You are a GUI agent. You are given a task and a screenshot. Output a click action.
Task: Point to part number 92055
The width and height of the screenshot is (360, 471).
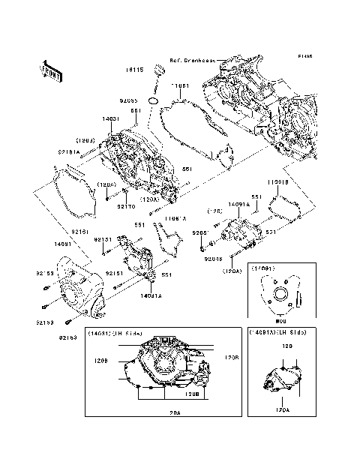tap(130, 98)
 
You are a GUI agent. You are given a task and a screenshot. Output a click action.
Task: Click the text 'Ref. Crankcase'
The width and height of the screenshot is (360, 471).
tap(191, 60)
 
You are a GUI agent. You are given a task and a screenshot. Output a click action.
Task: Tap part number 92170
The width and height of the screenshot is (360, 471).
tap(127, 205)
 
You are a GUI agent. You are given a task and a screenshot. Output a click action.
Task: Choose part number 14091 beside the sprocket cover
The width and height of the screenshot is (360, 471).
tap(61, 243)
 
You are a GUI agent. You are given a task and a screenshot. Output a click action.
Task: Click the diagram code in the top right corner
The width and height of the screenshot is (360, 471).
tap(304, 56)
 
